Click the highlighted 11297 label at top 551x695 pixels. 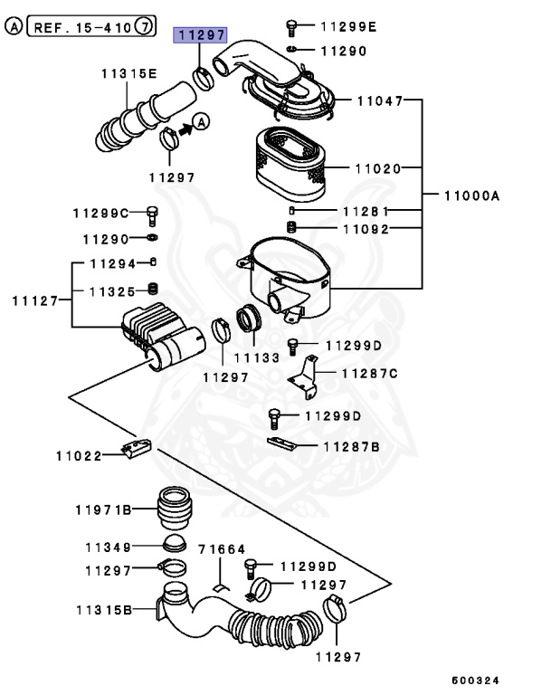click(199, 35)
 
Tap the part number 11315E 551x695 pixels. click(128, 73)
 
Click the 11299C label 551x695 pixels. click(101, 213)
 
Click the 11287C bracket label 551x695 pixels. click(369, 372)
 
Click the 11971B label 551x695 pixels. click(102, 510)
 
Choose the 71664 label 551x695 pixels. click(221, 549)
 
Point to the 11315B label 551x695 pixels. click(102, 610)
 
